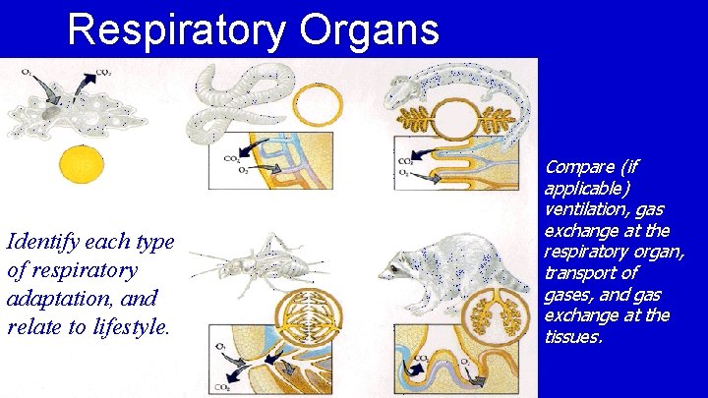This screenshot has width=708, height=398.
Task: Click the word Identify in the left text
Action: coord(41,241)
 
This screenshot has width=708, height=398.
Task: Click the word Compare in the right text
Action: coord(578,166)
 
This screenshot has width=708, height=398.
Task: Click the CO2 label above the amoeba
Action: coord(102,72)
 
